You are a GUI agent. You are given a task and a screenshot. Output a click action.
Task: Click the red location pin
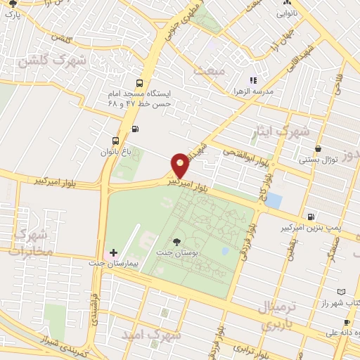pyautogui.click(x=180, y=165)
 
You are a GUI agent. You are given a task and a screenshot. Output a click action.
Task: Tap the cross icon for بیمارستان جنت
pyautogui.click(x=113, y=252)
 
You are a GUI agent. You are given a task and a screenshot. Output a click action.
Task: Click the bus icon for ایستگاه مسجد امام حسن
pyautogui.click(x=139, y=82)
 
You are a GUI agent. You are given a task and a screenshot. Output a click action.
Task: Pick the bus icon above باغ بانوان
pyautogui.click(x=115, y=139)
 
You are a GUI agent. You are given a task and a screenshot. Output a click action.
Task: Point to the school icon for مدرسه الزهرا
pyautogui.click(x=253, y=81)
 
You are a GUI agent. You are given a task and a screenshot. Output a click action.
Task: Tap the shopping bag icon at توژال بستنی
pyautogui.click(x=320, y=148)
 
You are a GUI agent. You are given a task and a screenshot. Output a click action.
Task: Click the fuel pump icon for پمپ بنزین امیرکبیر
pyautogui.click(x=310, y=217)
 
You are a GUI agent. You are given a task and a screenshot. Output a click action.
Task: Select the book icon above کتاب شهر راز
pyautogui.click(x=341, y=291)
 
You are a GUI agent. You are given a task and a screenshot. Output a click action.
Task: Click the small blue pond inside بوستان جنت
pyautogui.click(x=224, y=250)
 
